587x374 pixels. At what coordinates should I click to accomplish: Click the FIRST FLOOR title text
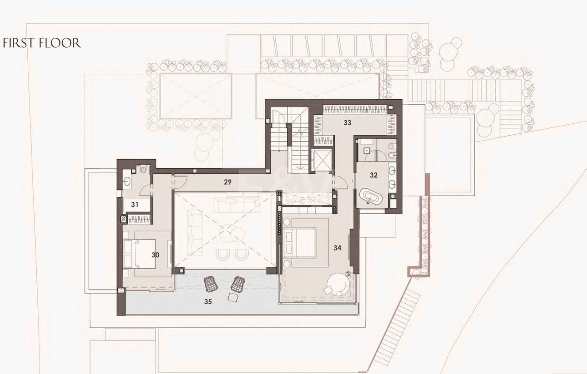(42, 43)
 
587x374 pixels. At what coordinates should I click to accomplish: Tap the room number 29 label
(228, 182)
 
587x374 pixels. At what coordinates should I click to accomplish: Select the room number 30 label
(155, 255)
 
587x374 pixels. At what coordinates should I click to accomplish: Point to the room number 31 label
(135, 204)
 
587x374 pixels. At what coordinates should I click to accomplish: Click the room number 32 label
(374, 175)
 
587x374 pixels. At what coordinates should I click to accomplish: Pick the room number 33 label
(348, 123)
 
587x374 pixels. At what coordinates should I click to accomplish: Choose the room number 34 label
(337, 248)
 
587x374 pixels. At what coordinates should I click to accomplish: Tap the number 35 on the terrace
(208, 302)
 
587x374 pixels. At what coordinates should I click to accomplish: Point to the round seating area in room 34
(338, 284)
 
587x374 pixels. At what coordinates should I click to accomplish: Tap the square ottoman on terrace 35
(233, 297)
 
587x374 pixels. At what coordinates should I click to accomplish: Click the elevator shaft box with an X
(322, 160)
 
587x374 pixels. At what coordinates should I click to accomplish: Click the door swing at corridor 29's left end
(180, 182)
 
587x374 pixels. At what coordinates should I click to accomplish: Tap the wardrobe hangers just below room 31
(139, 219)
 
